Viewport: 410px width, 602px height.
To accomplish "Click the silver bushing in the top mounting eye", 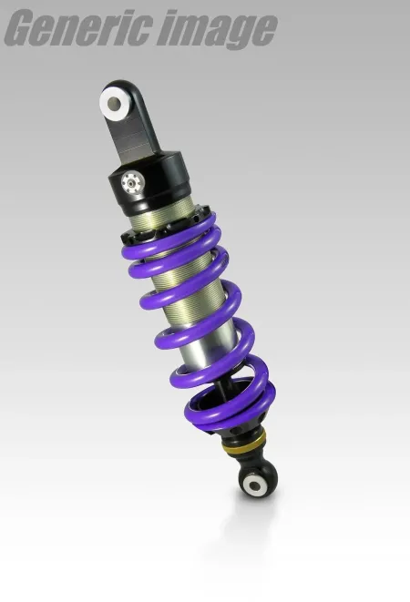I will tap(115, 102).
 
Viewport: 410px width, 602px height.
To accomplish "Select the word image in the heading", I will tap(215, 30).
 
